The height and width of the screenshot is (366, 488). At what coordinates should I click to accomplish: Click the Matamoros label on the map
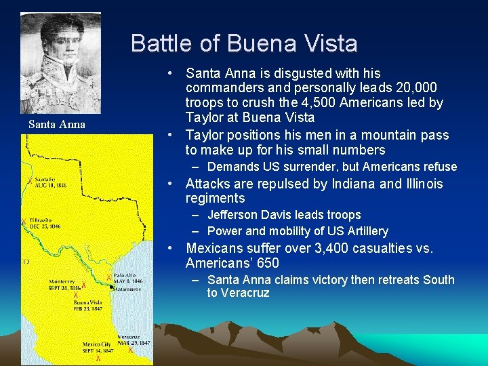tap(129, 288)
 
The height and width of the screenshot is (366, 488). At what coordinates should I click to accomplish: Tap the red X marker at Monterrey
tap(84, 286)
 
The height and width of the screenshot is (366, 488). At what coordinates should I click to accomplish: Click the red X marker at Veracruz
tap(130, 350)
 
